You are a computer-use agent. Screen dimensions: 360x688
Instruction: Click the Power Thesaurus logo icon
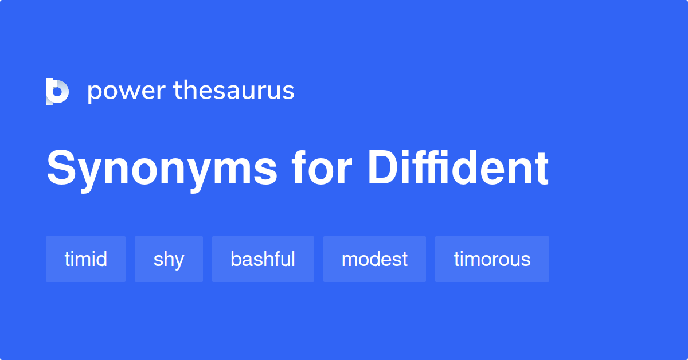(x=57, y=91)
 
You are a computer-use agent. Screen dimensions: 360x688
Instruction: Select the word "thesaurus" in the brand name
(x=234, y=91)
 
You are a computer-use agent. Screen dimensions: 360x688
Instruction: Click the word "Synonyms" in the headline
(x=162, y=169)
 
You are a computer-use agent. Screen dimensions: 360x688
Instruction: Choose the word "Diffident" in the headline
(x=458, y=169)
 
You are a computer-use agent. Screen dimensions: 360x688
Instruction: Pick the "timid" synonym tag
(x=85, y=259)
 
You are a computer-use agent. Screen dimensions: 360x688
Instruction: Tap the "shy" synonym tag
(x=169, y=259)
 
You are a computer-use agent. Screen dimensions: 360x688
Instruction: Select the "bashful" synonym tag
(x=263, y=259)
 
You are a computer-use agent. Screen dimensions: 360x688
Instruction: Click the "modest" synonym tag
(x=374, y=259)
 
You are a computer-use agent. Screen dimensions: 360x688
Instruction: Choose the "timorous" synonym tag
(x=492, y=259)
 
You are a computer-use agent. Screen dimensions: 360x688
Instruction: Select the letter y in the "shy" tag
(x=178, y=261)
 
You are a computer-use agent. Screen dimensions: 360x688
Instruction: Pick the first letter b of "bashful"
(x=236, y=259)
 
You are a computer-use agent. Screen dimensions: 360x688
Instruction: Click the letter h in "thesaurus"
(x=190, y=91)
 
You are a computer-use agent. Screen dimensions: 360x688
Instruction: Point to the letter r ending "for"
(x=342, y=170)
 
